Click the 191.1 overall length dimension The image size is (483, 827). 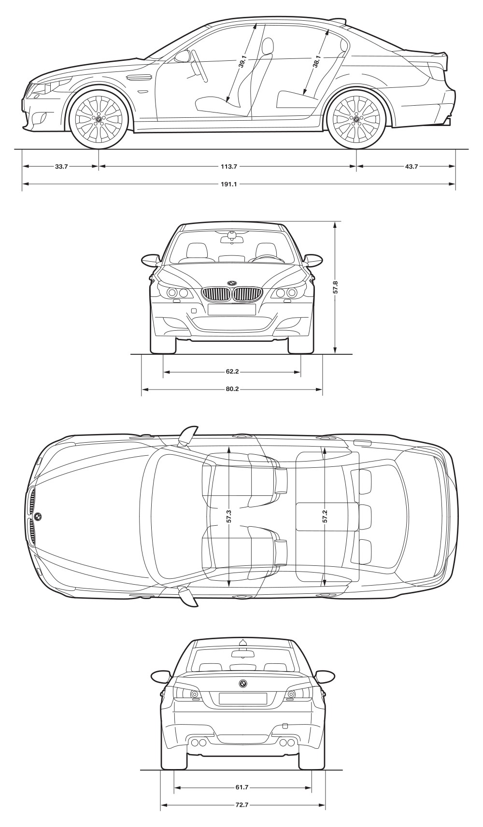pos(229,184)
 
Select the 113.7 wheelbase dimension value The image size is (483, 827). pos(229,167)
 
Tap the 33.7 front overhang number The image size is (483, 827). pos(61,167)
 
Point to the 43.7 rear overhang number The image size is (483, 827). pos(412,167)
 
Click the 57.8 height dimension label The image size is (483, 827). pos(336,287)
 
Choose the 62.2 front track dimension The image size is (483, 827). pos(232,371)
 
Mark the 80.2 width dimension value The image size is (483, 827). pos(232,389)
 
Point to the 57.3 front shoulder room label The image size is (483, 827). pos(229,516)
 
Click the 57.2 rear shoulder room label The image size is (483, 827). pos(325,516)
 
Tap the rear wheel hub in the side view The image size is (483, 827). pos(356,119)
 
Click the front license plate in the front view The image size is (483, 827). pos(232,309)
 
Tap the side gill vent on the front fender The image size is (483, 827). pos(139,78)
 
